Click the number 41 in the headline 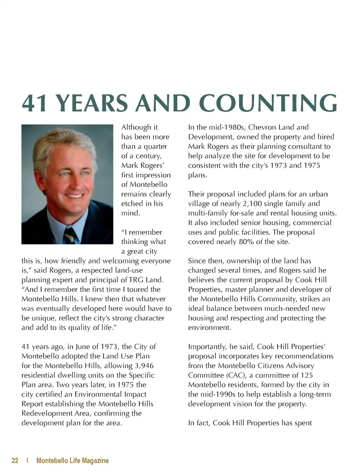point(34,103)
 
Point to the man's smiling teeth point(74,196)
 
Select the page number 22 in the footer point(15,461)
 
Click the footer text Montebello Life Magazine point(72,461)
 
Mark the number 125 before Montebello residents point(306,375)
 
